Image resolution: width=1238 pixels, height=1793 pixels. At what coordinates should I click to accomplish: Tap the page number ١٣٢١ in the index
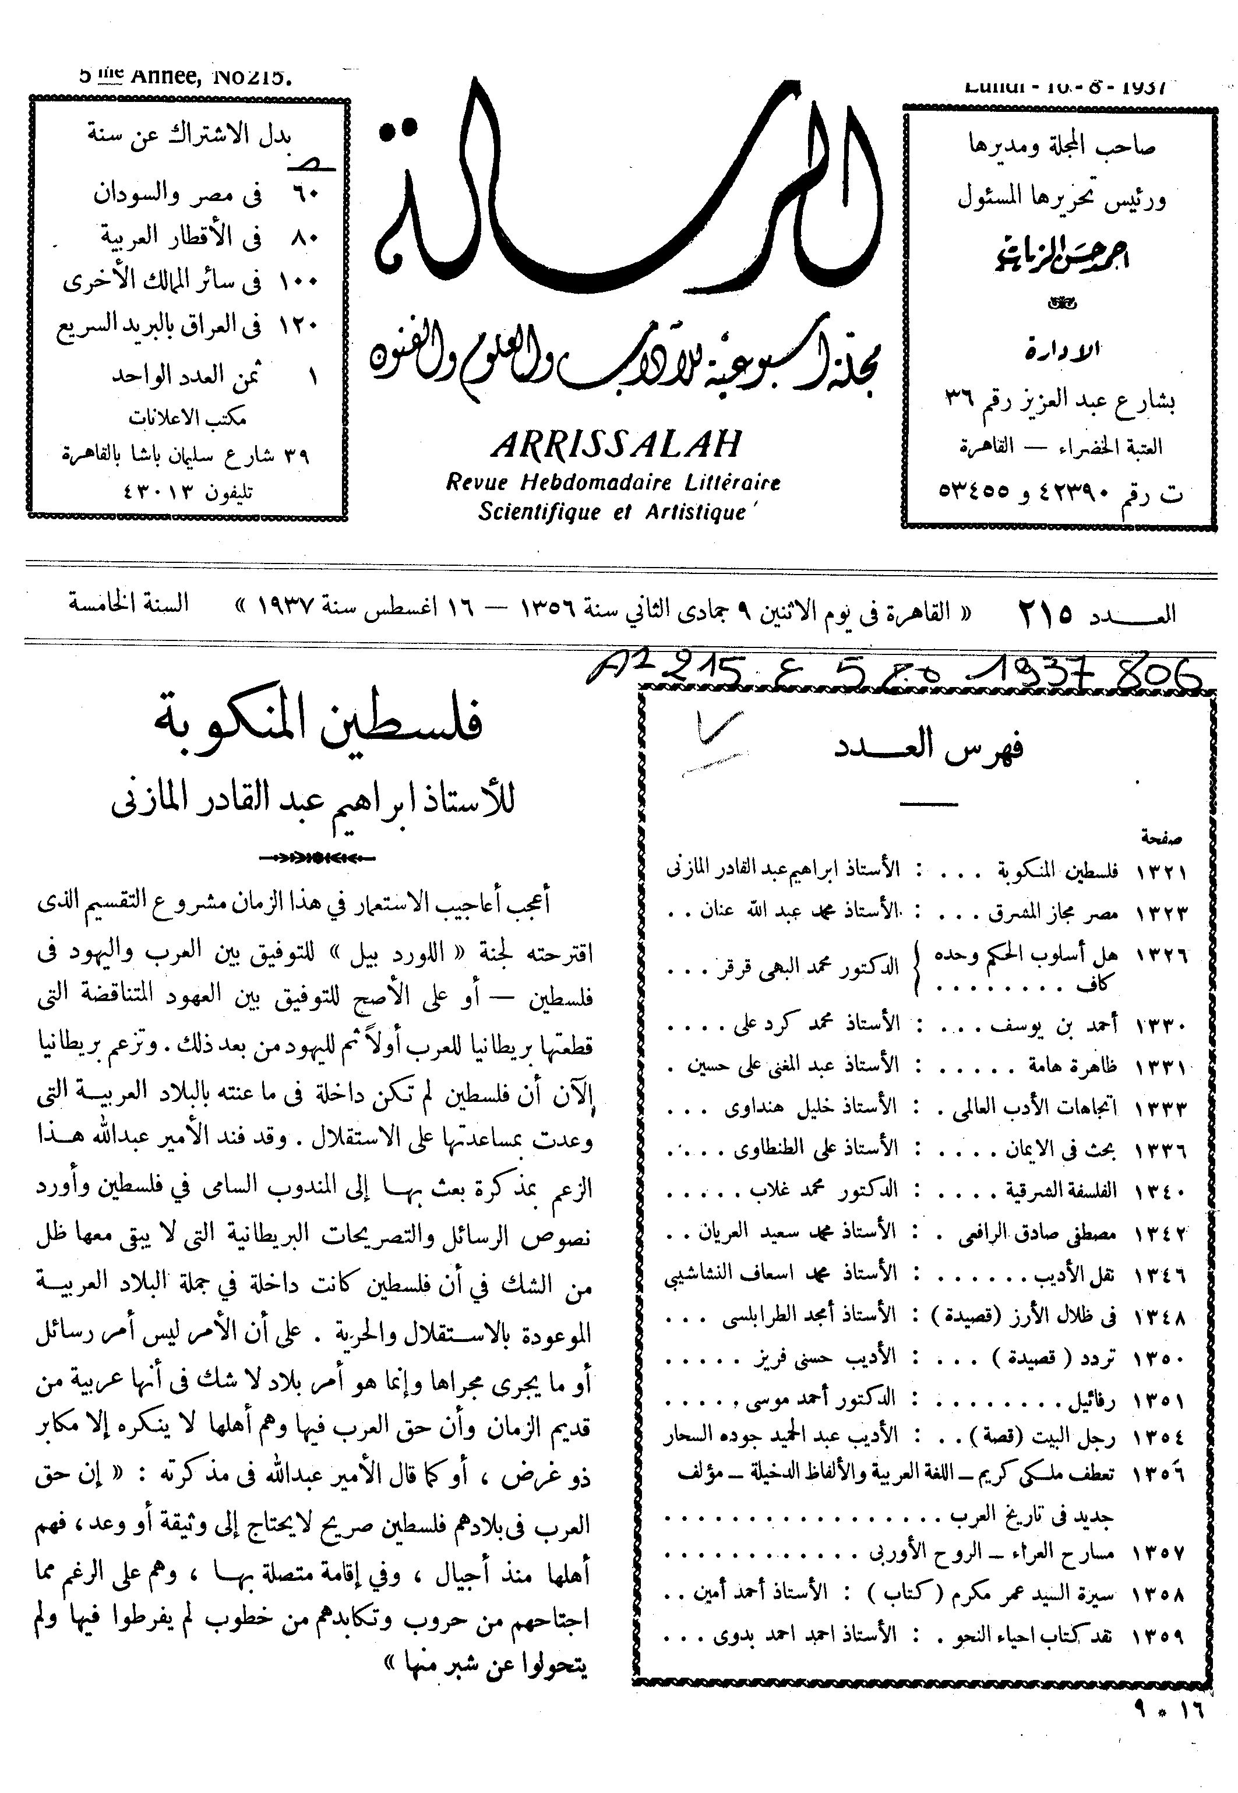(x=1161, y=871)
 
